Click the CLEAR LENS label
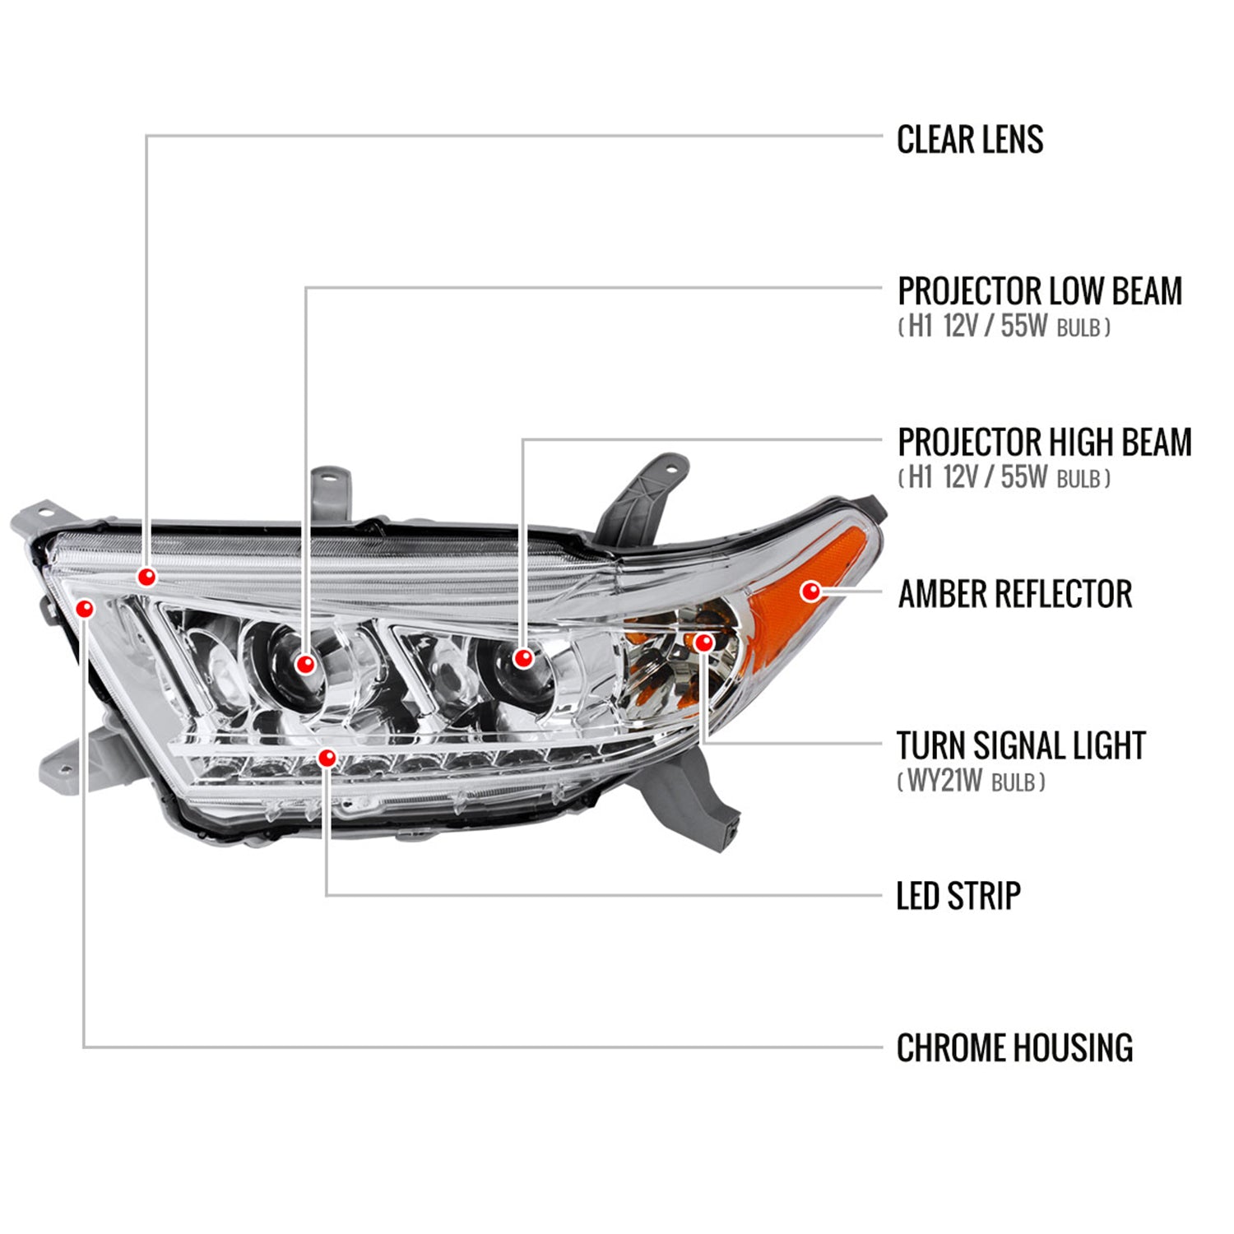point(969,140)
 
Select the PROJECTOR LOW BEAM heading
point(1039,291)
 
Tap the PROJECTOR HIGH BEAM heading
point(1044,443)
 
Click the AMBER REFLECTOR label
point(1014,594)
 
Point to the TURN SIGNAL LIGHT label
point(1020,746)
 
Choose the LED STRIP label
point(958,896)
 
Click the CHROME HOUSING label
point(1014,1048)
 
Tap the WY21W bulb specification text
point(971,781)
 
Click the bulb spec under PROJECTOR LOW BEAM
point(1004,327)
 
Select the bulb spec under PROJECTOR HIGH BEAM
point(1004,477)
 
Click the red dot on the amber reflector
point(811,591)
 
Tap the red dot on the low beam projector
point(305,663)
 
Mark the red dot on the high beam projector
point(522,657)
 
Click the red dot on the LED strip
point(327,758)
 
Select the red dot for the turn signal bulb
point(704,642)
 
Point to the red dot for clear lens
point(146,577)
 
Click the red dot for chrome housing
point(84,608)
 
